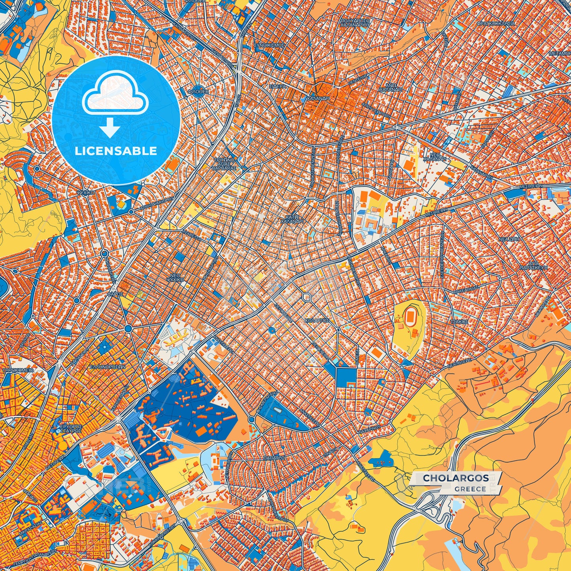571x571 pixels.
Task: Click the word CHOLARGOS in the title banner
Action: point(456,478)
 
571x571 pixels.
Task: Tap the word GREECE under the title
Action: point(470,489)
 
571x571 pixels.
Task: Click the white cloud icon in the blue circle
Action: point(115,97)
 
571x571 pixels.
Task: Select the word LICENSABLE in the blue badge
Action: point(116,151)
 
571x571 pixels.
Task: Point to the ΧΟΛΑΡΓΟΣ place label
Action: point(317,321)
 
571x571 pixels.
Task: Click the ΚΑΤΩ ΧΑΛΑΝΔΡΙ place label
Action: point(292,219)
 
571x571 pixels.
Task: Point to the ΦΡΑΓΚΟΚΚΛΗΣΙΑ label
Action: point(496,24)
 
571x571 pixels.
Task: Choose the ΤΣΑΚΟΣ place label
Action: point(460,322)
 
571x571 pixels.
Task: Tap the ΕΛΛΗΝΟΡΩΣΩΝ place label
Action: point(107,367)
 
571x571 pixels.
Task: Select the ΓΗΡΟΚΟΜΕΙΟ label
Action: point(18,371)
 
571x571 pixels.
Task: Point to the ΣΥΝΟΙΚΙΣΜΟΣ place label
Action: point(269,45)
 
